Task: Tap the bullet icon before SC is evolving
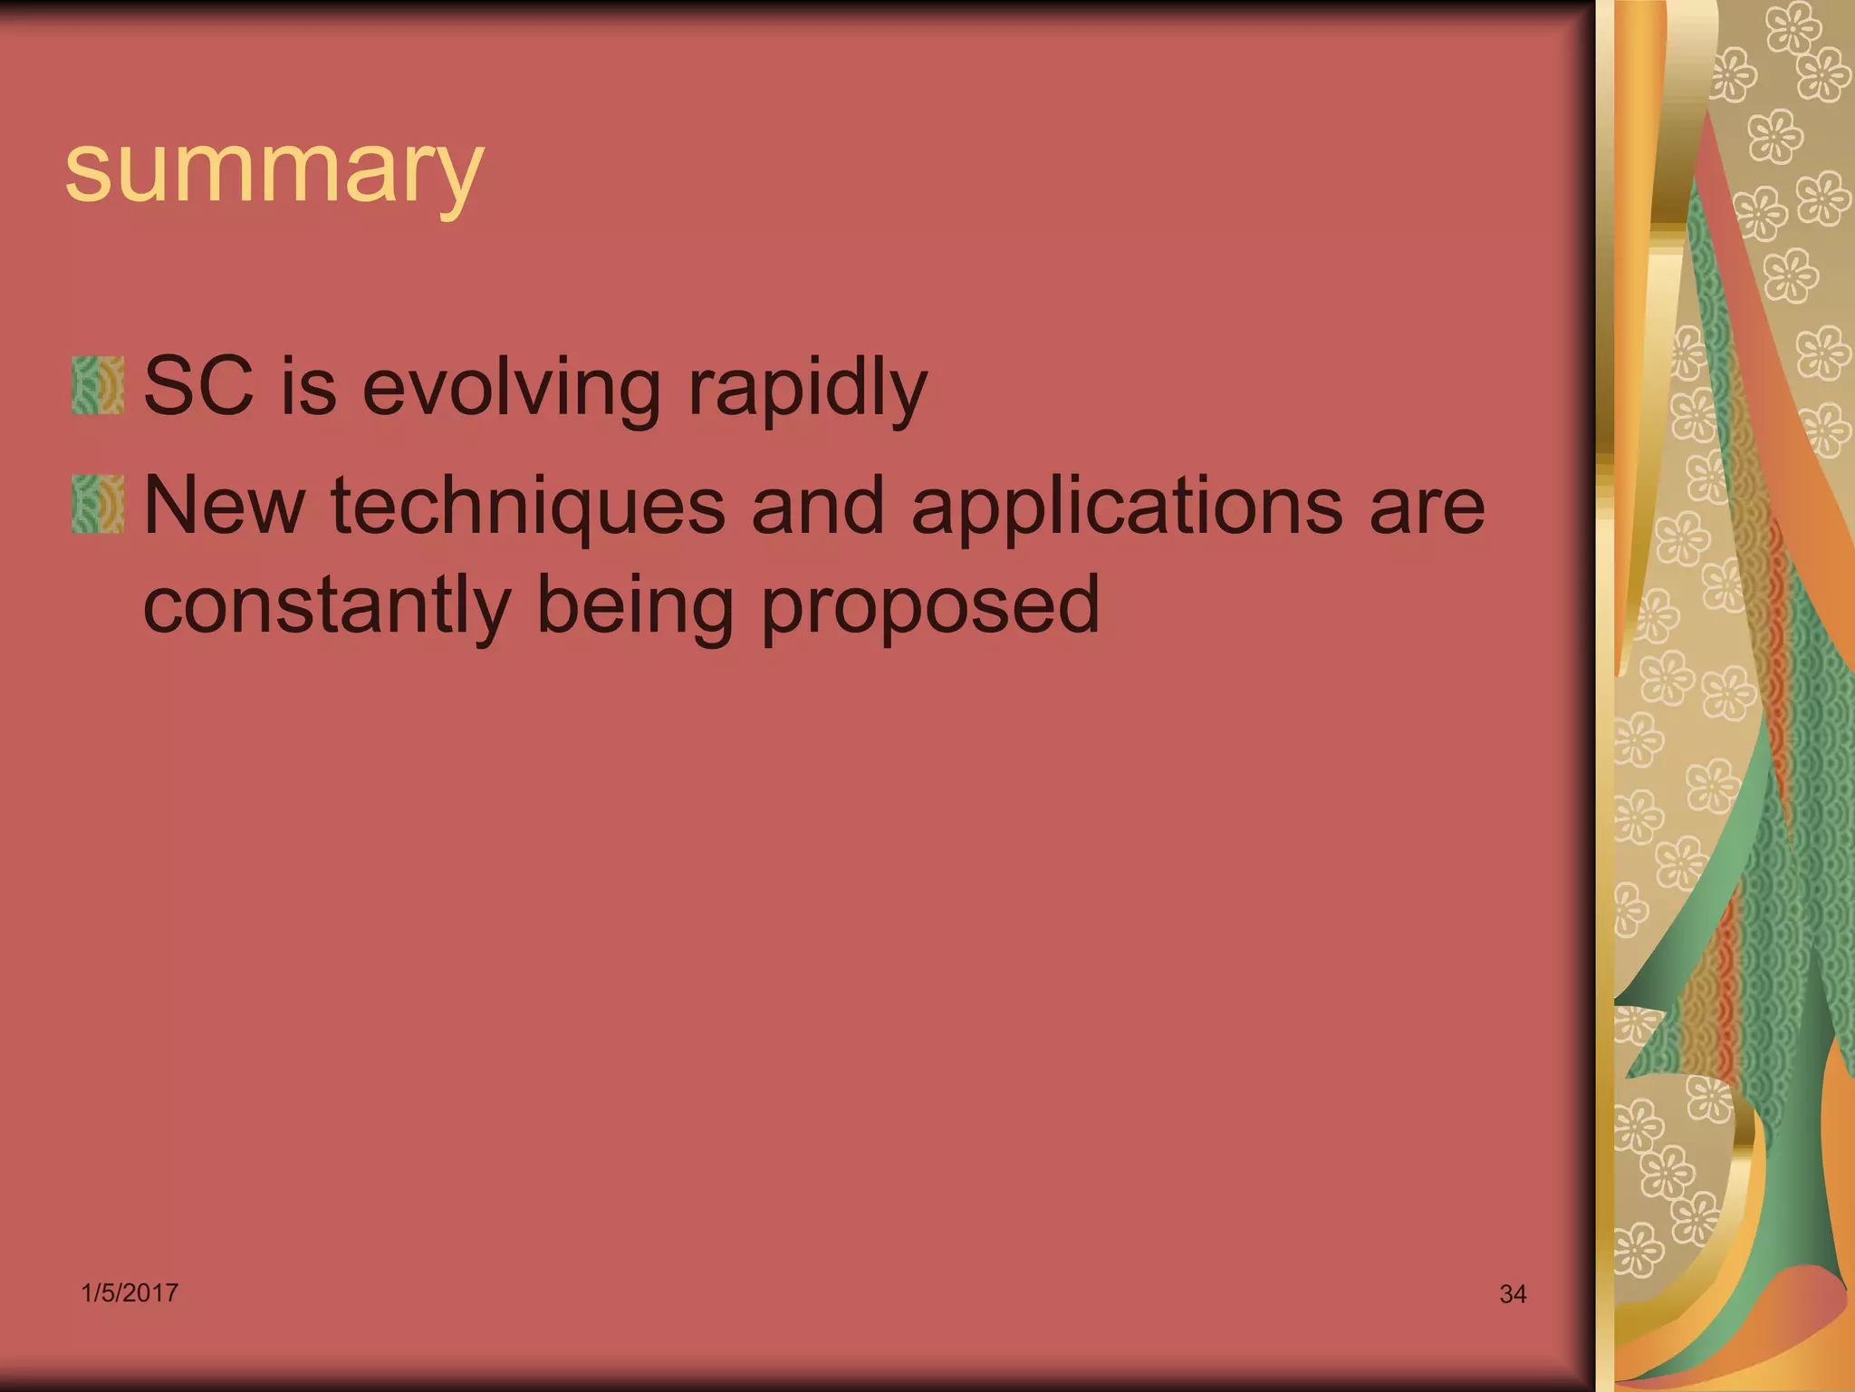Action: click(98, 385)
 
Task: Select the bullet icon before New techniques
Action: click(98, 504)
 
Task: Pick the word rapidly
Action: click(807, 390)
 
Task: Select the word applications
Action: click(1126, 507)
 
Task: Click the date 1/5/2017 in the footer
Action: click(130, 1292)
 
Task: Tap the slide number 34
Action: click(1513, 1294)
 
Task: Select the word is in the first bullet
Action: click(308, 387)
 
